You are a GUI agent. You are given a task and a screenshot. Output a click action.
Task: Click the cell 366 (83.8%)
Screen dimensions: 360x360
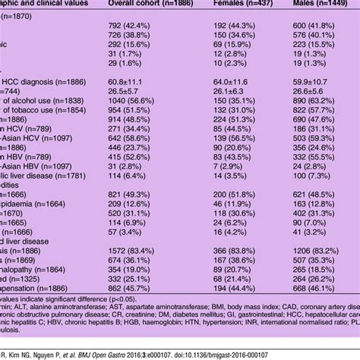(229, 248)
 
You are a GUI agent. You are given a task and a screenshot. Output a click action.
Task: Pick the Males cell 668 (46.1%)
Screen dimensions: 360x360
(317, 289)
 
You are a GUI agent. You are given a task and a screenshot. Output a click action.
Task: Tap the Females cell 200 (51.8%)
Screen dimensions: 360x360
(229, 194)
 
